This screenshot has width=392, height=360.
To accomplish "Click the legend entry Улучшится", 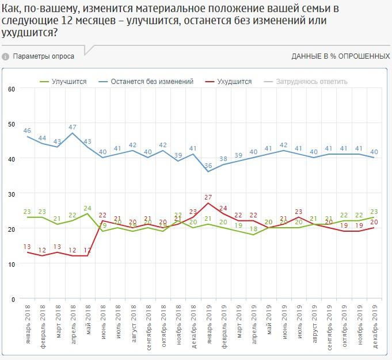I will pos(68,82).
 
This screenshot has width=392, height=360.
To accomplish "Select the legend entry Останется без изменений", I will pos(152,82).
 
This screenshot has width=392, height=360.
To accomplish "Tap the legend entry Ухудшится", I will pos(234,82).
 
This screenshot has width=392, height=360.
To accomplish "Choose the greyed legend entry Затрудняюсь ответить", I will pos(311,82).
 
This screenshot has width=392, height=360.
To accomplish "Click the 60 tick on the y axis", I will pos(11,89).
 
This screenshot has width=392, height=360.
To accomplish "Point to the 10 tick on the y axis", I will pos(11,264).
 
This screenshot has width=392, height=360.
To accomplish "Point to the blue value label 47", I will pos(73,127).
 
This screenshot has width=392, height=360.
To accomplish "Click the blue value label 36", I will pos(208,165).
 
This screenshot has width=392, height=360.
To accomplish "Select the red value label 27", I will pos(208,197).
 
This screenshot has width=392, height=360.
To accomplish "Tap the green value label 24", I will pos(87,208).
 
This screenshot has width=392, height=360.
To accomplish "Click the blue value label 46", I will pos(27,130).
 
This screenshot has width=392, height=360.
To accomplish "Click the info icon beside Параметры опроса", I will pos(6,56).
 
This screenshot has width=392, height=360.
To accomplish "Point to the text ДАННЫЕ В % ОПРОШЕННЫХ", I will pos(341,56).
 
